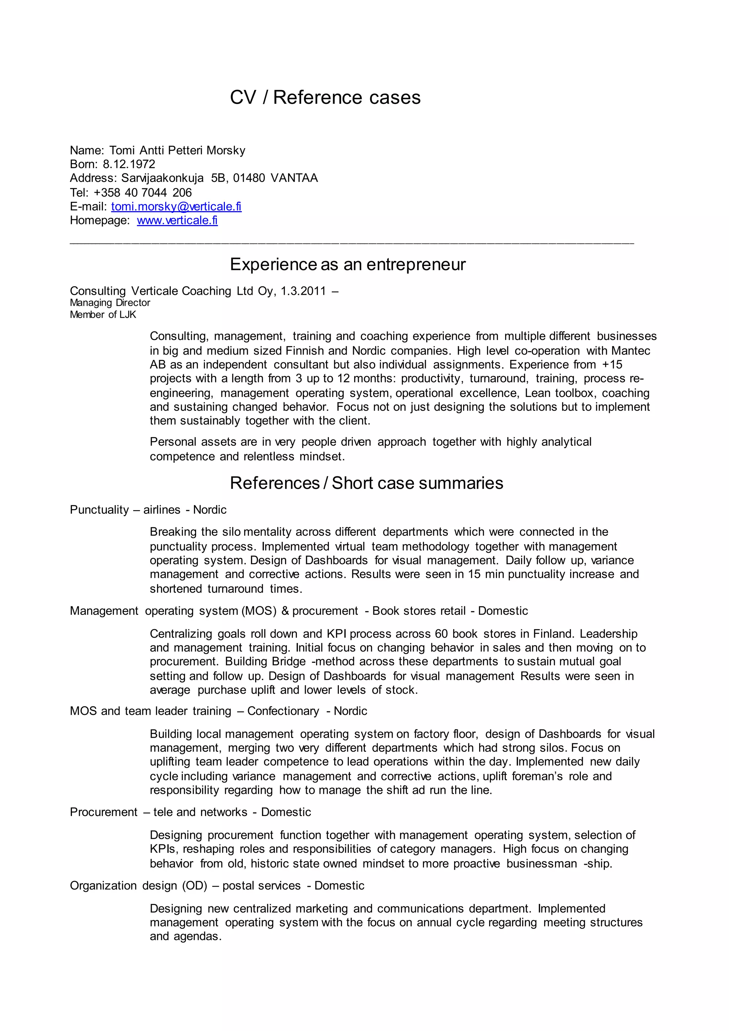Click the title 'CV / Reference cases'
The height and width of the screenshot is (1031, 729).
325,98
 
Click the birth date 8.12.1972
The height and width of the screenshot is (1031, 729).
129,164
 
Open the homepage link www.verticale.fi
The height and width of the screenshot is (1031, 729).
177,220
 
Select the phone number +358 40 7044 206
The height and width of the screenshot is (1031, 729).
142,193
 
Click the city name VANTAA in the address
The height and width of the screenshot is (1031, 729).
294,178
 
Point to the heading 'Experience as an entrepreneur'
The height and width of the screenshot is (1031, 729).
347,265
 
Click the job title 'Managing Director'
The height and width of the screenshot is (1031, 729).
110,303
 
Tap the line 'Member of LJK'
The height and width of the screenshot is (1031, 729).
103,315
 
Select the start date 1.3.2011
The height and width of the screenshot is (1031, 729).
303,292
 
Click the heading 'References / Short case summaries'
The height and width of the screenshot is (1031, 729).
366,483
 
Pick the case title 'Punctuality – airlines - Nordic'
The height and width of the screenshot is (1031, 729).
148,510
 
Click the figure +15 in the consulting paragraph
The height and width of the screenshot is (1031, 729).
612,365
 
